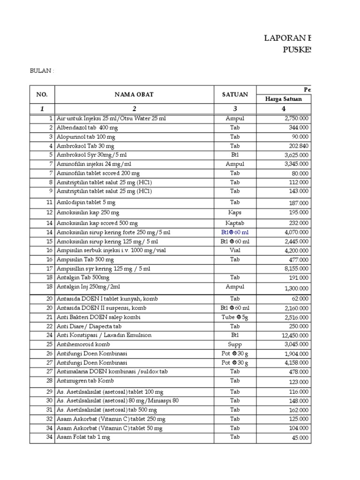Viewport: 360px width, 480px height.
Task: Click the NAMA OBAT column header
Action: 135,95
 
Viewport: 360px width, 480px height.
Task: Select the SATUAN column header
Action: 235,95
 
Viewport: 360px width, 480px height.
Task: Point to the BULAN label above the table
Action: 42,71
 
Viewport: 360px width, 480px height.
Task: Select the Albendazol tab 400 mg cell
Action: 86,127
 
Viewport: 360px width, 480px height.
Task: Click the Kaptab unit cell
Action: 235,223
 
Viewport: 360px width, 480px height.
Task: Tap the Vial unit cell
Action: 235,251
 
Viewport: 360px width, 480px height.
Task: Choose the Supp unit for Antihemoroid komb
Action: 235,345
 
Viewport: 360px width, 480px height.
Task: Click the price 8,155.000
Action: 296,269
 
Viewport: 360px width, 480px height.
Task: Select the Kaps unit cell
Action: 235,212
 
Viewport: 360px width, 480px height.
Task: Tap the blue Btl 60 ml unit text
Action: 235,232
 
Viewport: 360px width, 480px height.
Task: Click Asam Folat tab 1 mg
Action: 83,437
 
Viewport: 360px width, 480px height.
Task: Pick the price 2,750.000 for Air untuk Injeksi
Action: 296,119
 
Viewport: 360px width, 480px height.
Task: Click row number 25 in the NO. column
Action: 50,345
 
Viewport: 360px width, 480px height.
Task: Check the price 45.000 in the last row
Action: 300,438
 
